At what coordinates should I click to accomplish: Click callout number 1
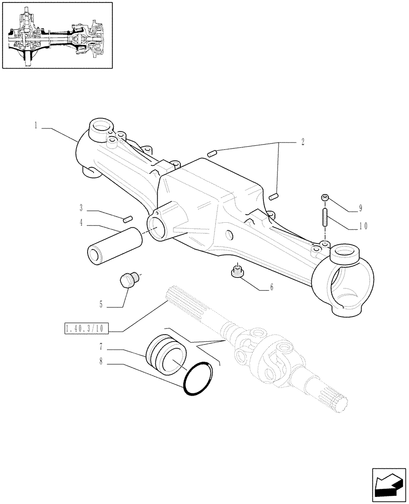[36, 125]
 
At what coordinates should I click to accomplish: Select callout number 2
[302, 143]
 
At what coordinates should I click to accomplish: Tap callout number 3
[81, 208]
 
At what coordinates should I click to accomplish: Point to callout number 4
[81, 222]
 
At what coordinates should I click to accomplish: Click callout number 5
[101, 304]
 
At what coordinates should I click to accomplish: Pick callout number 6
[271, 287]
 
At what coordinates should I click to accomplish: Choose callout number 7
[101, 347]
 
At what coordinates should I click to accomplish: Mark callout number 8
[101, 361]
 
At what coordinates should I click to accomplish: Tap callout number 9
[360, 208]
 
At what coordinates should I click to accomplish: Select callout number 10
[363, 226]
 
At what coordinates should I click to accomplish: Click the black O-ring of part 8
[198, 381]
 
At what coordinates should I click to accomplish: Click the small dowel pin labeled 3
[127, 218]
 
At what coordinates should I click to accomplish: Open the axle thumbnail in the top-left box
[56, 35]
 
